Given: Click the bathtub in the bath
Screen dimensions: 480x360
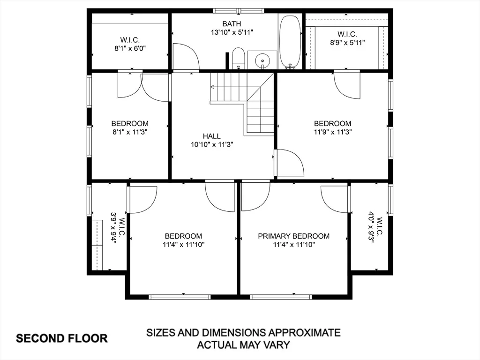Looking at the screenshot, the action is tap(290, 41).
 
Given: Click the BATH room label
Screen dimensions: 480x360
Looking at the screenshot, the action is tap(232, 23).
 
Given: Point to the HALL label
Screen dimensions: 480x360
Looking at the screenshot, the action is tap(211, 136).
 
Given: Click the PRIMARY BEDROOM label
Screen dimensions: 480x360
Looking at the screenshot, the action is tap(293, 236).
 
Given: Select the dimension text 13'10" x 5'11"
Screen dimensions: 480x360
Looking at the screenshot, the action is tap(232, 32).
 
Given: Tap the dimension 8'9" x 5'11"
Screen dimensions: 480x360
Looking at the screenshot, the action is tap(347, 43).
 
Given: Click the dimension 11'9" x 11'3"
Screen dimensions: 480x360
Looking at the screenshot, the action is tap(332, 132).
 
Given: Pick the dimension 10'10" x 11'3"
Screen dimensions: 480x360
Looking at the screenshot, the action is tap(212, 144).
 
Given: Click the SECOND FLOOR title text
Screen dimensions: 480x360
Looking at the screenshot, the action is tap(61, 338).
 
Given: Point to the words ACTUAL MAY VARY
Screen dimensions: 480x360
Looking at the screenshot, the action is tap(243, 345).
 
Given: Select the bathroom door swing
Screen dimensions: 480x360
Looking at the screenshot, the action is tap(186, 57).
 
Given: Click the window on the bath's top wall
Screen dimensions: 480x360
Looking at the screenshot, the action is tap(239, 11).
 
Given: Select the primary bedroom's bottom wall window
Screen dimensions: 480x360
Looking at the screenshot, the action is tap(281, 297).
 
